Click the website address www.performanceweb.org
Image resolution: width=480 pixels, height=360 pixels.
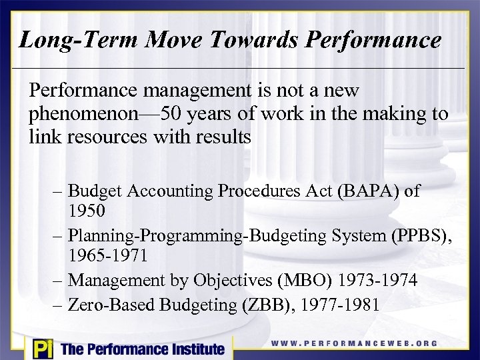[354, 344]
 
